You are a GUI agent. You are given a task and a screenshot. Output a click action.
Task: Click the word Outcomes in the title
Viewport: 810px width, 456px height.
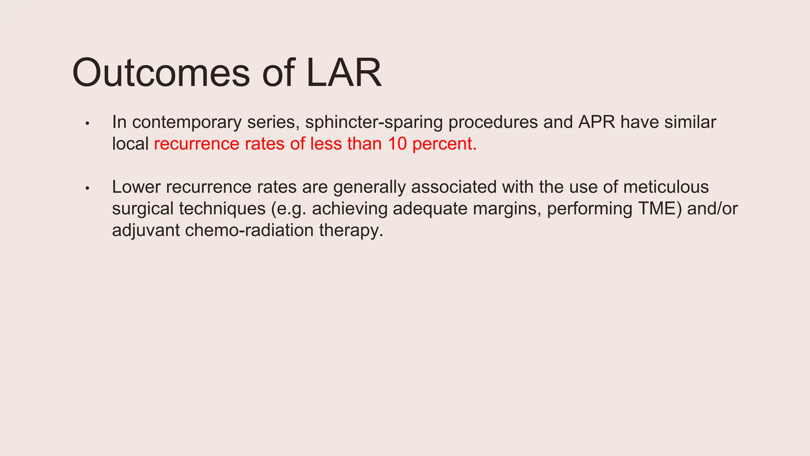click(x=161, y=73)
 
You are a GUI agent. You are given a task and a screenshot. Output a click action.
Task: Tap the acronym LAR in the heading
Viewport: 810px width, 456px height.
click(x=344, y=73)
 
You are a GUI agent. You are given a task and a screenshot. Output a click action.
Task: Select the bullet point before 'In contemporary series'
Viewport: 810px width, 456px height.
click(x=88, y=123)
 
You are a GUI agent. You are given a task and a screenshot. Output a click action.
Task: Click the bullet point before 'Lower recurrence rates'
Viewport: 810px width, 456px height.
click(x=88, y=188)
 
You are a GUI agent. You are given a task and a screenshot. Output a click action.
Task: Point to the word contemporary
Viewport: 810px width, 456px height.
click(x=187, y=122)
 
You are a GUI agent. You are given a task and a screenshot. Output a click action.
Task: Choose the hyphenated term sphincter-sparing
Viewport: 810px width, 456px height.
click(x=374, y=122)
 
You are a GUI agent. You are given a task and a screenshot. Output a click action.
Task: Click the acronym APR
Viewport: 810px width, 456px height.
click(x=596, y=122)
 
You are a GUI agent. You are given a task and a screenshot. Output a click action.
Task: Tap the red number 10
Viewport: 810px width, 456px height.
click(x=397, y=144)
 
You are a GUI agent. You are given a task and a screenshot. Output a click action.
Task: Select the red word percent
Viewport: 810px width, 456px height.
click(x=444, y=144)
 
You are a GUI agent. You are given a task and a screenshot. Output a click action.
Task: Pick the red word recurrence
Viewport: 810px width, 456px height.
click(x=197, y=144)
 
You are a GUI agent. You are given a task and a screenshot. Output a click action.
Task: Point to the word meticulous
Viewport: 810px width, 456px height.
click(x=666, y=187)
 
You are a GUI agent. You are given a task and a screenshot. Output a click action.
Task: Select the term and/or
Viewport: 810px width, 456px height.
click(x=712, y=209)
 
